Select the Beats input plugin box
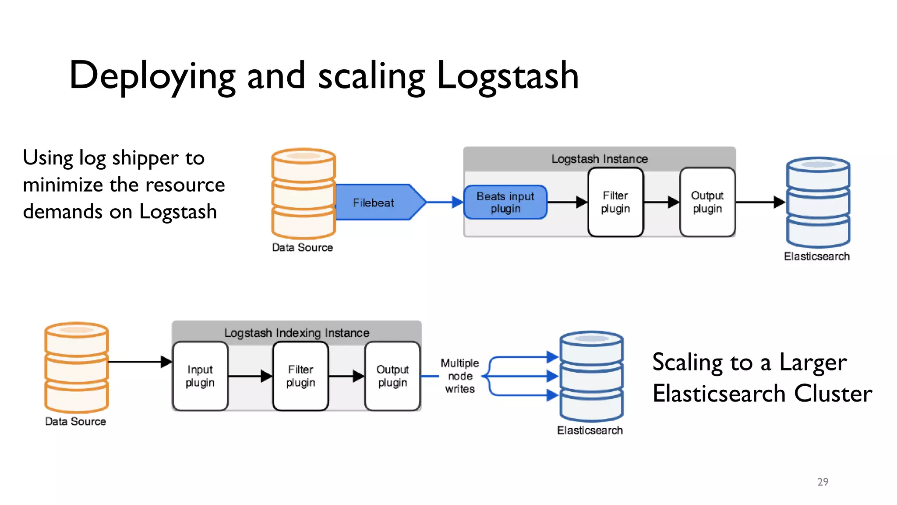tap(505, 202)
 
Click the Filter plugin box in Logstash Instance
tap(615, 202)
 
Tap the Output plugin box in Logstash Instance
tap(707, 202)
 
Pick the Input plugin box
tap(200, 376)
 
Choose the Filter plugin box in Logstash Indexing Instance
tap(300, 376)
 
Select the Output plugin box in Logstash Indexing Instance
tap(392, 376)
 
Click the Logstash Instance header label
tap(599, 159)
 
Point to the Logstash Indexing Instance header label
tap(297, 333)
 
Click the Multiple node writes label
tap(460, 376)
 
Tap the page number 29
tap(823, 482)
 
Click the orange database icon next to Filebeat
tap(303, 193)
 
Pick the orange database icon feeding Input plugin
tap(77, 367)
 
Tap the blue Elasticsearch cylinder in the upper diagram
tap(818, 203)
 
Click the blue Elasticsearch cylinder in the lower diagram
tap(591, 376)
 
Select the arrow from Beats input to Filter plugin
tap(567, 202)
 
